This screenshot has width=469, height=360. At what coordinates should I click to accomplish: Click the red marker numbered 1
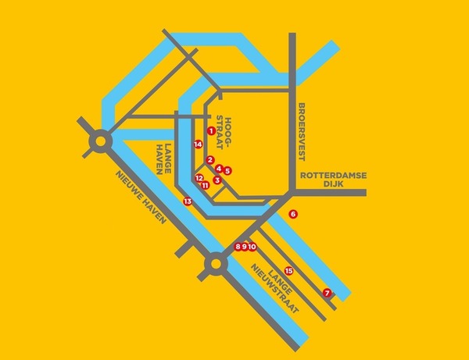pyautogui.click(x=211, y=130)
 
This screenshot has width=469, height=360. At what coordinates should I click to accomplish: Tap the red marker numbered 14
pyautogui.click(x=199, y=144)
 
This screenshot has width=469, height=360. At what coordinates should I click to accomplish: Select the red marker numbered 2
pyautogui.click(x=210, y=160)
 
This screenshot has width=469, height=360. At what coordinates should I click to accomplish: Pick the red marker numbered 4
pyautogui.click(x=219, y=169)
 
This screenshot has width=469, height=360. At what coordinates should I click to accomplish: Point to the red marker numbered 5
pyautogui.click(x=227, y=170)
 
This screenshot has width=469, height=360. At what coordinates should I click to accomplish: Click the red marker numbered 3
pyautogui.click(x=217, y=180)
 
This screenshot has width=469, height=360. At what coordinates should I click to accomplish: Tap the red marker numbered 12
pyautogui.click(x=199, y=178)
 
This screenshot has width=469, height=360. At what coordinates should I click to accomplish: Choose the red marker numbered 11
pyautogui.click(x=205, y=185)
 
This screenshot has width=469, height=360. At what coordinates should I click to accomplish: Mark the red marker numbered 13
pyautogui.click(x=188, y=201)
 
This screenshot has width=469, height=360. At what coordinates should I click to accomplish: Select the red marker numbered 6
pyautogui.click(x=293, y=214)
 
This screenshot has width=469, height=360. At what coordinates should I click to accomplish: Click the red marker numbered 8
pyautogui.click(x=238, y=247)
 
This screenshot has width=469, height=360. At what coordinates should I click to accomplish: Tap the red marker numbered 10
pyautogui.click(x=252, y=247)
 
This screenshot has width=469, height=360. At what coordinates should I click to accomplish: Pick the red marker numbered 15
pyautogui.click(x=288, y=271)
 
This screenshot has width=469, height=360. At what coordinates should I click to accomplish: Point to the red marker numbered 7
pyautogui.click(x=327, y=293)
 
